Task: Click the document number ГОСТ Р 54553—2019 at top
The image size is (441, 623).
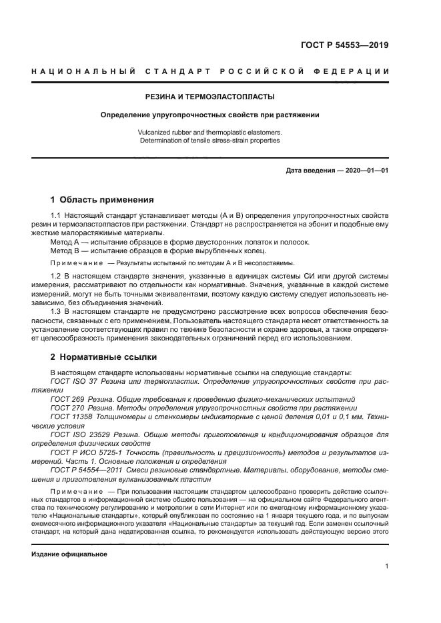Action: click(x=345, y=46)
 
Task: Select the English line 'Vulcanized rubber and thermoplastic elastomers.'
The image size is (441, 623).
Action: click(x=209, y=133)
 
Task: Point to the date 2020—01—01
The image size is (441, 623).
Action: click(x=364, y=171)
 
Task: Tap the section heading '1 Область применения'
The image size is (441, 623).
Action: click(x=102, y=199)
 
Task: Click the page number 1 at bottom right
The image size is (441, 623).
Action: click(x=386, y=566)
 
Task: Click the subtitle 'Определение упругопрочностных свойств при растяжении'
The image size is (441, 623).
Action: click(x=209, y=115)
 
